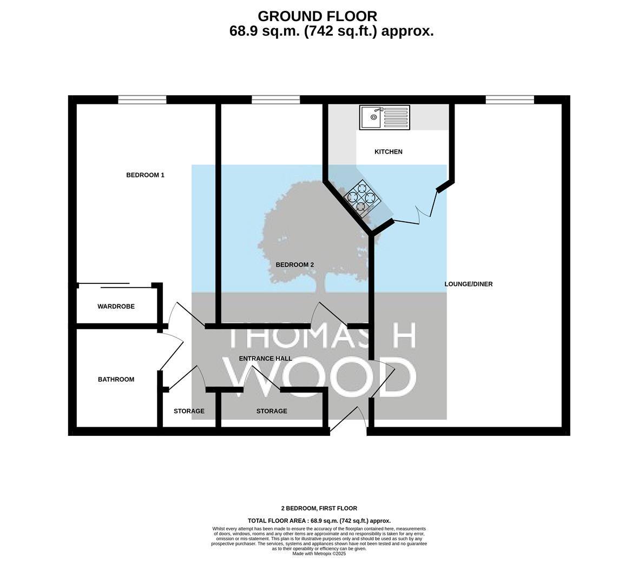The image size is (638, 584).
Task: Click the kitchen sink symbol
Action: click(x=385, y=117)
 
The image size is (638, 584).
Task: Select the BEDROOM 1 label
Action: click(x=145, y=175)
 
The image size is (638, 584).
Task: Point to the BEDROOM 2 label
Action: click(x=295, y=265)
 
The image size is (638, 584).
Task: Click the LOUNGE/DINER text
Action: click(x=468, y=284)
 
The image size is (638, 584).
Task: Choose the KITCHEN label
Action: click(x=389, y=152)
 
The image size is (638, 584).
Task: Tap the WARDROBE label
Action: click(x=116, y=306)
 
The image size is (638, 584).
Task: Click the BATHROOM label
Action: click(x=116, y=380)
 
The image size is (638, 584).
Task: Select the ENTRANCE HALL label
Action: click(x=265, y=359)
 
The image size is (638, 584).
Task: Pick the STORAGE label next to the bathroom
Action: click(x=189, y=411)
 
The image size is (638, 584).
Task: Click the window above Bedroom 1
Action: click(x=142, y=99)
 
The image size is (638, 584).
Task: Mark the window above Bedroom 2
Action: click(x=276, y=99)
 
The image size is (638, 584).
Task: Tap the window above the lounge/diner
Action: click(x=510, y=99)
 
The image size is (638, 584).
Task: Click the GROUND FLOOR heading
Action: click(x=317, y=16)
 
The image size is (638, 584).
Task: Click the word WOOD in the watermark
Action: click(x=320, y=377)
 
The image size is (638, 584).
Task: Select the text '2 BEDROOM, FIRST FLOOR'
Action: click(x=319, y=508)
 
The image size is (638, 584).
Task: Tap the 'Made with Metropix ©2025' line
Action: click(x=319, y=554)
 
